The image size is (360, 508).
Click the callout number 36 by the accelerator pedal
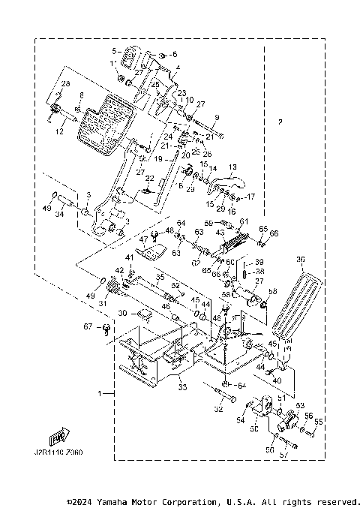click(300, 260)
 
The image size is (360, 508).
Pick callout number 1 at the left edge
click(100, 392)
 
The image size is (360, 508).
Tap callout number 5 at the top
click(114, 51)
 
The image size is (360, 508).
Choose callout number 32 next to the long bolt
click(218, 410)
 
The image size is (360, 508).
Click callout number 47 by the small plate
click(143, 241)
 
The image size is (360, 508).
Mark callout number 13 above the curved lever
click(232, 167)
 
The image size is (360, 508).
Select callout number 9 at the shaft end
click(216, 118)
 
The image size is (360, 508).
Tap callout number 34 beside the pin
click(59, 215)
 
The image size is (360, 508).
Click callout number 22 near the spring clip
click(149, 179)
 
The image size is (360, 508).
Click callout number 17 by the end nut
click(251, 197)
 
